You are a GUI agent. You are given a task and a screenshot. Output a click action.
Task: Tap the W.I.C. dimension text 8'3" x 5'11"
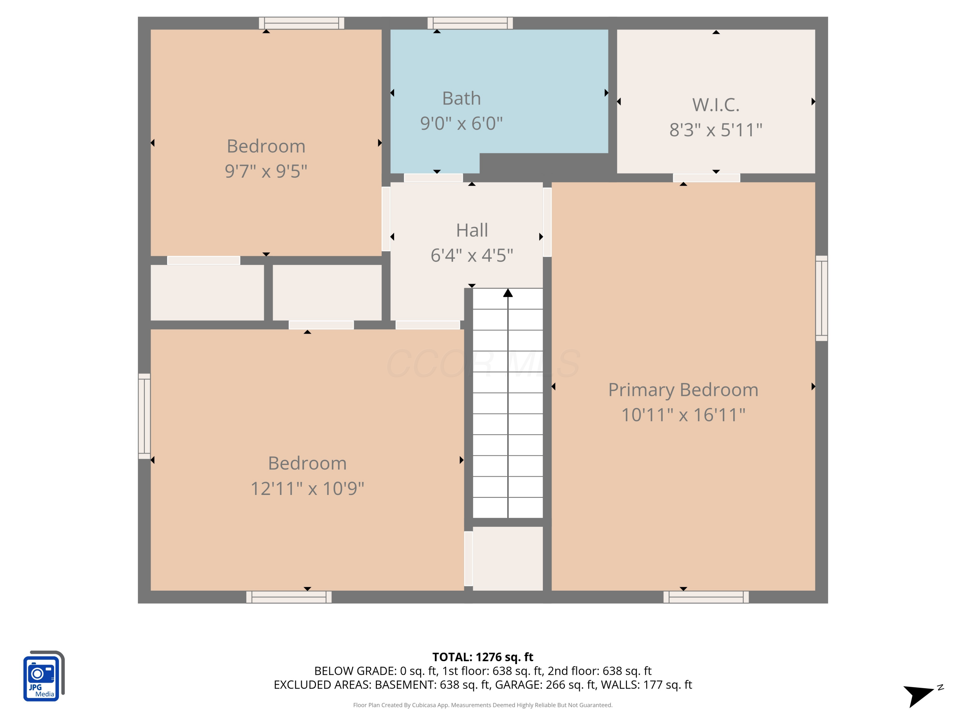coord(716,130)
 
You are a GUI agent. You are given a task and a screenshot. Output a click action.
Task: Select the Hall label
coord(472,230)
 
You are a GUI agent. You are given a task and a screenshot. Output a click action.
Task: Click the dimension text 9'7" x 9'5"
coord(266,171)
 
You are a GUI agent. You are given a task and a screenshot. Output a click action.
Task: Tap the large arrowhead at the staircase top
coord(507,293)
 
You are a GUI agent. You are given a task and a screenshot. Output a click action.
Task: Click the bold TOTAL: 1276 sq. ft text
coord(483,657)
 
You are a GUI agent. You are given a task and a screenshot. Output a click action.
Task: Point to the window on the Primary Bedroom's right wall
coord(821,298)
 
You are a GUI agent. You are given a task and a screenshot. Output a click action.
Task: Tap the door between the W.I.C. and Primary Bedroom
coord(706,178)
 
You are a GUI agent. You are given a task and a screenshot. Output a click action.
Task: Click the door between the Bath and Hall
coord(433,178)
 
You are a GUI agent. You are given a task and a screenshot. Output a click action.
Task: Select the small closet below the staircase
coord(507,558)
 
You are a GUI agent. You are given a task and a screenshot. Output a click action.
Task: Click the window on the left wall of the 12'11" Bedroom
coord(145,416)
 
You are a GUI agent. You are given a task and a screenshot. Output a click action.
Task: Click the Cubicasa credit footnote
coord(483,705)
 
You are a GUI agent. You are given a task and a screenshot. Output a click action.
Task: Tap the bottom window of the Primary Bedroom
coord(706,597)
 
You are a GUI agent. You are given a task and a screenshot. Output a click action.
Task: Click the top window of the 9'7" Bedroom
coord(301,23)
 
